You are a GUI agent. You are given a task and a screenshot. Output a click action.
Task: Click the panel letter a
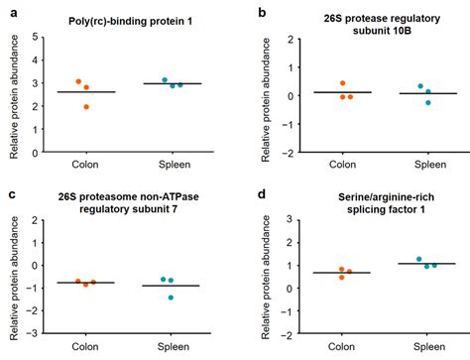9,13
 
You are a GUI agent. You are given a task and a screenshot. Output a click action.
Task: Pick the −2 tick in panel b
288,153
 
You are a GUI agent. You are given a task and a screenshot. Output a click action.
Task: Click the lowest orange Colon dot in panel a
86,106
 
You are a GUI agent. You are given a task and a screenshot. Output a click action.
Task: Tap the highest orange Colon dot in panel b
342,83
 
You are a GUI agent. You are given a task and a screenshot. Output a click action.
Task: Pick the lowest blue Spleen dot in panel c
171,297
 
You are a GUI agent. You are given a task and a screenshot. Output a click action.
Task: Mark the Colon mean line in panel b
342,92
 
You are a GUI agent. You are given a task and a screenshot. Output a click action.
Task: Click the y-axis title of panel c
13,266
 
